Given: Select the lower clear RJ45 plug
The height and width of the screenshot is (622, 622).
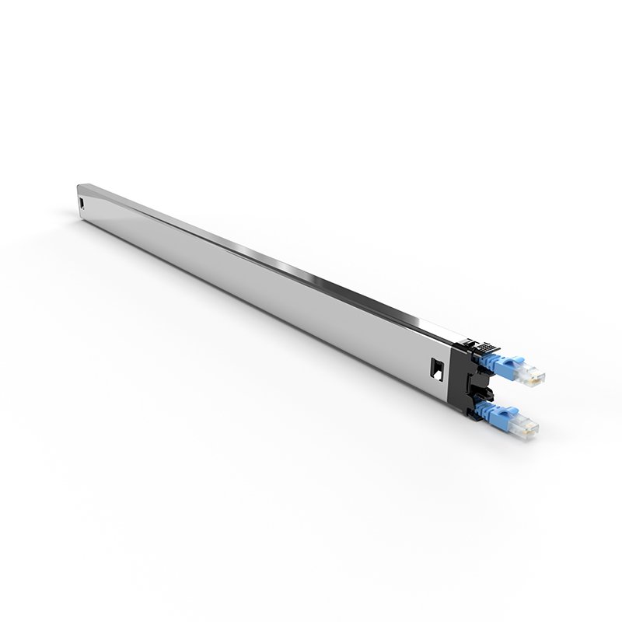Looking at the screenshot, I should pyautogui.click(x=522, y=424).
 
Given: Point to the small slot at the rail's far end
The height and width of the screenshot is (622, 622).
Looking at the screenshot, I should pyautogui.click(x=82, y=204).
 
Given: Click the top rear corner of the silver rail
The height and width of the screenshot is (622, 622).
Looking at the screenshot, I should pyautogui.click(x=79, y=185).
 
